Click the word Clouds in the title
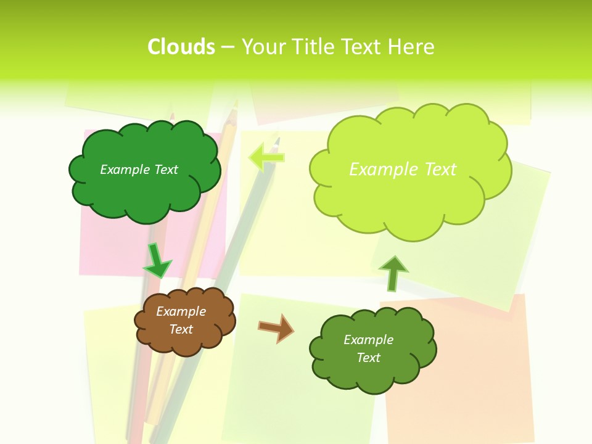181,47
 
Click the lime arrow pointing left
266,157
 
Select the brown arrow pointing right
276,327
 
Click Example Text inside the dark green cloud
139,170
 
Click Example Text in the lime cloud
403,170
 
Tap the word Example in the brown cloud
181,311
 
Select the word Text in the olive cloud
368,358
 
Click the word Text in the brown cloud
181,329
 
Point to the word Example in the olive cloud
368,340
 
